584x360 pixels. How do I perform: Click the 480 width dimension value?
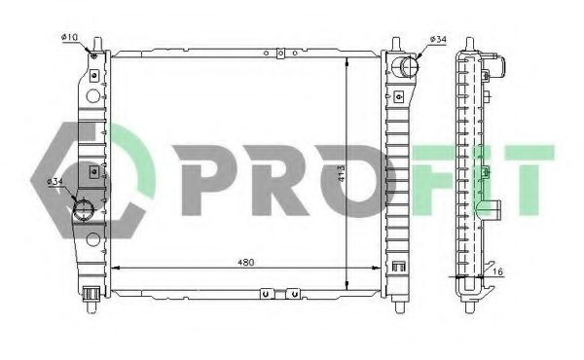(x=246, y=262)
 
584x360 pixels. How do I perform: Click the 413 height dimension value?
(x=342, y=173)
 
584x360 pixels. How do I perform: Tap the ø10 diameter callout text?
(x=69, y=37)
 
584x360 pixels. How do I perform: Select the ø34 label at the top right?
(x=438, y=39)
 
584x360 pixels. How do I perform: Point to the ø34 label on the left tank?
(x=55, y=182)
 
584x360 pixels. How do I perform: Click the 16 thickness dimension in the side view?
(x=499, y=272)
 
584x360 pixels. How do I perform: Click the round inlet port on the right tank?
(x=406, y=66)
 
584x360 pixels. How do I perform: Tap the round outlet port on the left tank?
(x=83, y=210)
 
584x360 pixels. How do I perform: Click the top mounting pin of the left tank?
(x=98, y=44)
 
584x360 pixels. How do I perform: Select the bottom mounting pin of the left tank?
(x=91, y=306)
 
